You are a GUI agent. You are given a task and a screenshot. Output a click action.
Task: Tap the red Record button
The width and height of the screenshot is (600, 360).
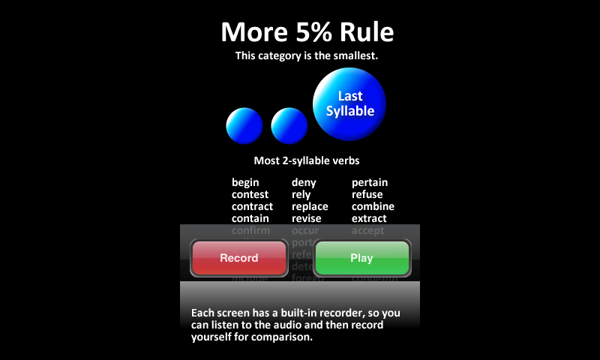click(238, 258)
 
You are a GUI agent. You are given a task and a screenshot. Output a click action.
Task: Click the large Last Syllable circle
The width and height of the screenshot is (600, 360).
click(349, 103)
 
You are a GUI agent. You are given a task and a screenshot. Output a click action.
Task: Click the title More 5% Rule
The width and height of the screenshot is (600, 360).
click(307, 32)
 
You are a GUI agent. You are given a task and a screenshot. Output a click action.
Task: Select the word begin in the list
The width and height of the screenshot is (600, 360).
click(245, 182)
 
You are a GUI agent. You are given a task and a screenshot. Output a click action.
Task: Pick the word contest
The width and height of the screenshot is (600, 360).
click(250, 194)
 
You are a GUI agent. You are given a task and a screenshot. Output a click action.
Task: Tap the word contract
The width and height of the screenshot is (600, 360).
click(252, 206)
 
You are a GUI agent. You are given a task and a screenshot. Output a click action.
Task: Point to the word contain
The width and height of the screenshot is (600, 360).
click(250, 218)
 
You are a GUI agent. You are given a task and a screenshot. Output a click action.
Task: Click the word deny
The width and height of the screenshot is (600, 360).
click(304, 182)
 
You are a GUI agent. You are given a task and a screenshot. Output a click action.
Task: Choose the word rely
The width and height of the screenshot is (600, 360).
click(301, 194)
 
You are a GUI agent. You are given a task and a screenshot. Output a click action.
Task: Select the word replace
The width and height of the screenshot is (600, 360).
click(310, 206)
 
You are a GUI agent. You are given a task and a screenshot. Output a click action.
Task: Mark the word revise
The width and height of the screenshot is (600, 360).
click(306, 218)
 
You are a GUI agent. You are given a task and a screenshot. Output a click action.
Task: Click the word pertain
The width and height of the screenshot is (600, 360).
click(370, 182)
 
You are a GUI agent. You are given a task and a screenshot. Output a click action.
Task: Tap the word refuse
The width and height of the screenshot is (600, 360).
click(367, 194)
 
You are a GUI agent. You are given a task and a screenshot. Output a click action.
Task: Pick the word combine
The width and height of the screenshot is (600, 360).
click(373, 206)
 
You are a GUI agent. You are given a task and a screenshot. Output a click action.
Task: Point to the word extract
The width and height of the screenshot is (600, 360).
click(369, 218)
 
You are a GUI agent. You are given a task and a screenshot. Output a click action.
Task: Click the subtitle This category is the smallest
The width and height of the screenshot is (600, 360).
click(307, 55)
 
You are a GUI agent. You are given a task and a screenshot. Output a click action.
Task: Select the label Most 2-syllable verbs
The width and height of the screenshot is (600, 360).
click(307, 160)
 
